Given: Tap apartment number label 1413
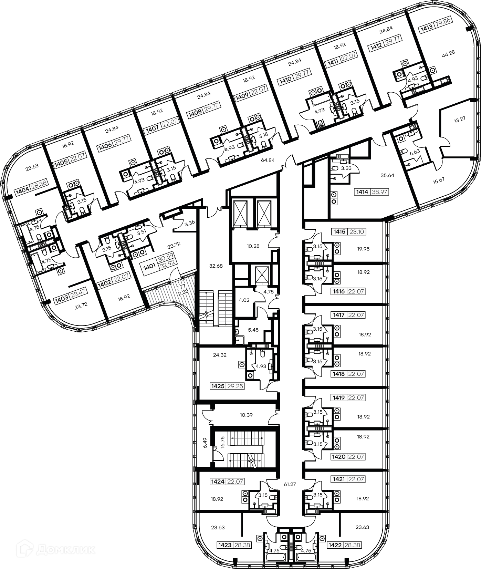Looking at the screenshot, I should click(426, 30).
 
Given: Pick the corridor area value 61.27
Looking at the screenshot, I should click(290, 484).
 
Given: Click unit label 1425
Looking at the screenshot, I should click(217, 386).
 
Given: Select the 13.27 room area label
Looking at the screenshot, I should click(460, 120).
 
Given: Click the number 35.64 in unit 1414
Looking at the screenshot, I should click(387, 175).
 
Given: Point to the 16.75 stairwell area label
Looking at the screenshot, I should click(222, 442).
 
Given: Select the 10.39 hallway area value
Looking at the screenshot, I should click(246, 415).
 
